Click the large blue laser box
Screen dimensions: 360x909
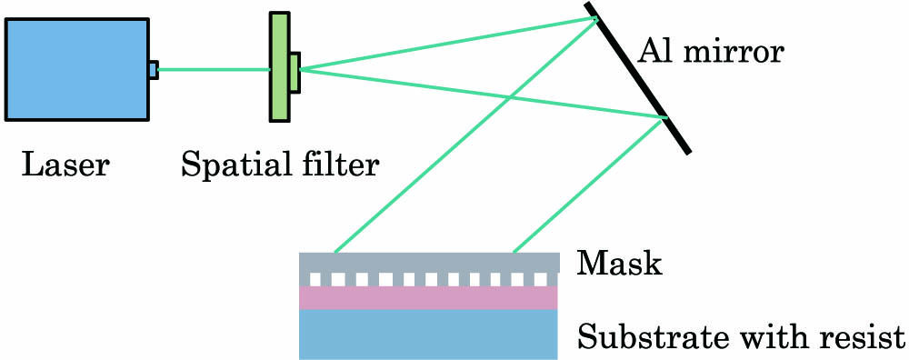(x=76, y=69)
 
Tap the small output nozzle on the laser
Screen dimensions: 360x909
(x=153, y=69)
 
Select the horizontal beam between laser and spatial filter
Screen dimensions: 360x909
(x=214, y=69)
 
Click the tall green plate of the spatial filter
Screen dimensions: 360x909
(x=279, y=66)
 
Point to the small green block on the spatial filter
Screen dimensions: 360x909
(x=295, y=71)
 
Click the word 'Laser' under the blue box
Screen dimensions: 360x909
(x=65, y=165)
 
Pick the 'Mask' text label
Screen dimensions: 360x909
(x=619, y=265)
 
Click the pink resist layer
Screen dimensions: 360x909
(x=427, y=298)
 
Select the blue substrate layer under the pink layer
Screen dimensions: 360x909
(x=427, y=334)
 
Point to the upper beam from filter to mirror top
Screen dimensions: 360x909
(x=445, y=43)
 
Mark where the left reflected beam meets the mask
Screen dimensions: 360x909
(x=335, y=252)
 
